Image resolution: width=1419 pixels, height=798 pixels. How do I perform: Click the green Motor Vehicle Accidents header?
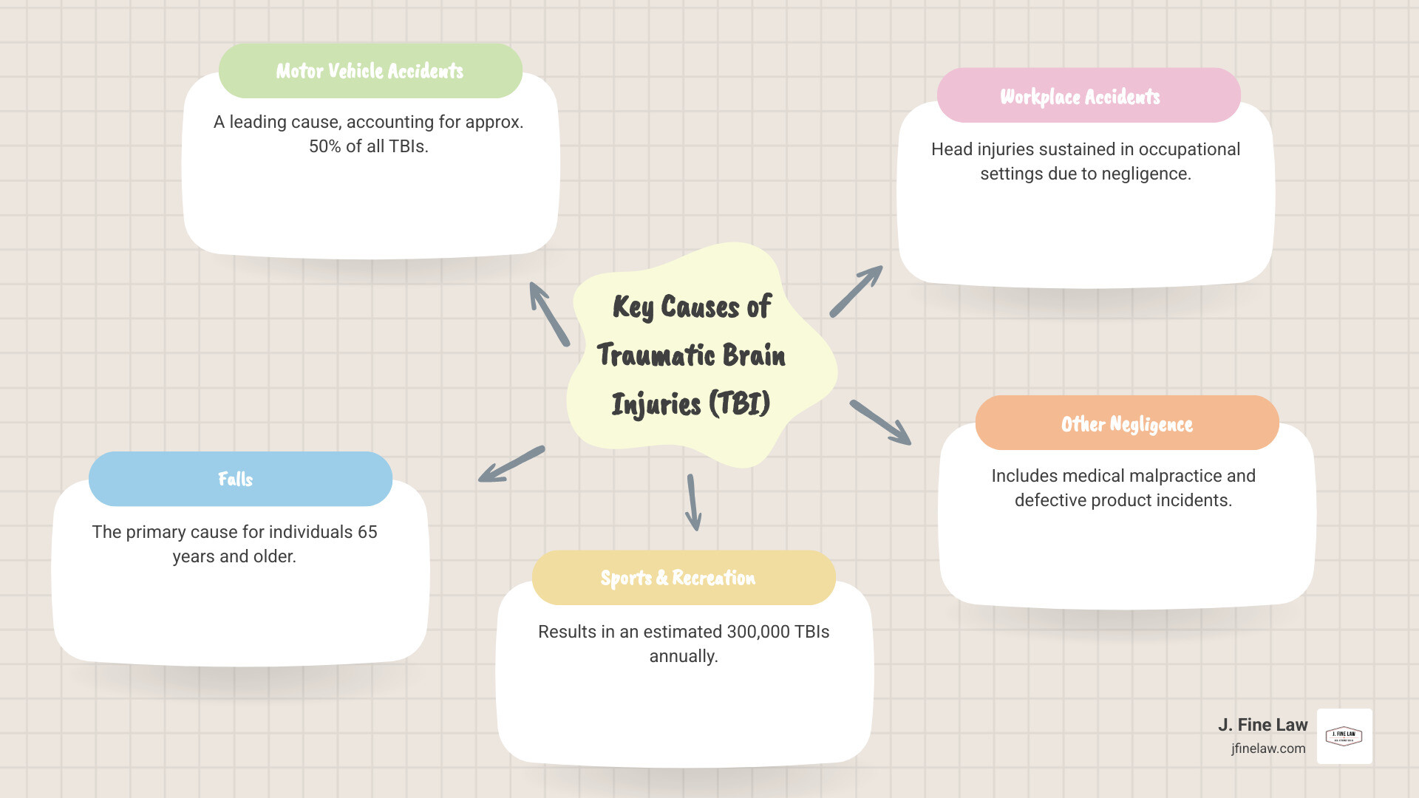click(370, 71)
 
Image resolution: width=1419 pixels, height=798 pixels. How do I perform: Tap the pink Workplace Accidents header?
click(1088, 96)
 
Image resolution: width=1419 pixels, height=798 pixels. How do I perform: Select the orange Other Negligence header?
click(1126, 423)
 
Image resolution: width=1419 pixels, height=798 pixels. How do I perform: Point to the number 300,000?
click(758, 632)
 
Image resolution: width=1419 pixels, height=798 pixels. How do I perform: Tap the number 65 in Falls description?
click(367, 532)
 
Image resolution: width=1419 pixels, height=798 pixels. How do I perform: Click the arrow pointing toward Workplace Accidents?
click(856, 291)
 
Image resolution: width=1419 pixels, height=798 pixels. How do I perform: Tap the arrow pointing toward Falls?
click(511, 465)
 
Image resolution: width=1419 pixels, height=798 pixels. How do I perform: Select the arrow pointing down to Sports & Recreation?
click(693, 502)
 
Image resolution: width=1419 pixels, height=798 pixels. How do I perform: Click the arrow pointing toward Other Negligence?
click(880, 423)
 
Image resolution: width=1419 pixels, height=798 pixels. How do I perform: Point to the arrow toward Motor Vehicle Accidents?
click(549, 313)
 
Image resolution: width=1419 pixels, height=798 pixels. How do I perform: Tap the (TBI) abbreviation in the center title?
click(739, 404)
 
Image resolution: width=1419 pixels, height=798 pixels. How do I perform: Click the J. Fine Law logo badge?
click(1344, 736)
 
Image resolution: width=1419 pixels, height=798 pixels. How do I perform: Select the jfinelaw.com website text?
click(1268, 748)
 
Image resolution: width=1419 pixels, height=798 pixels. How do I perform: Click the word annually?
click(684, 656)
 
